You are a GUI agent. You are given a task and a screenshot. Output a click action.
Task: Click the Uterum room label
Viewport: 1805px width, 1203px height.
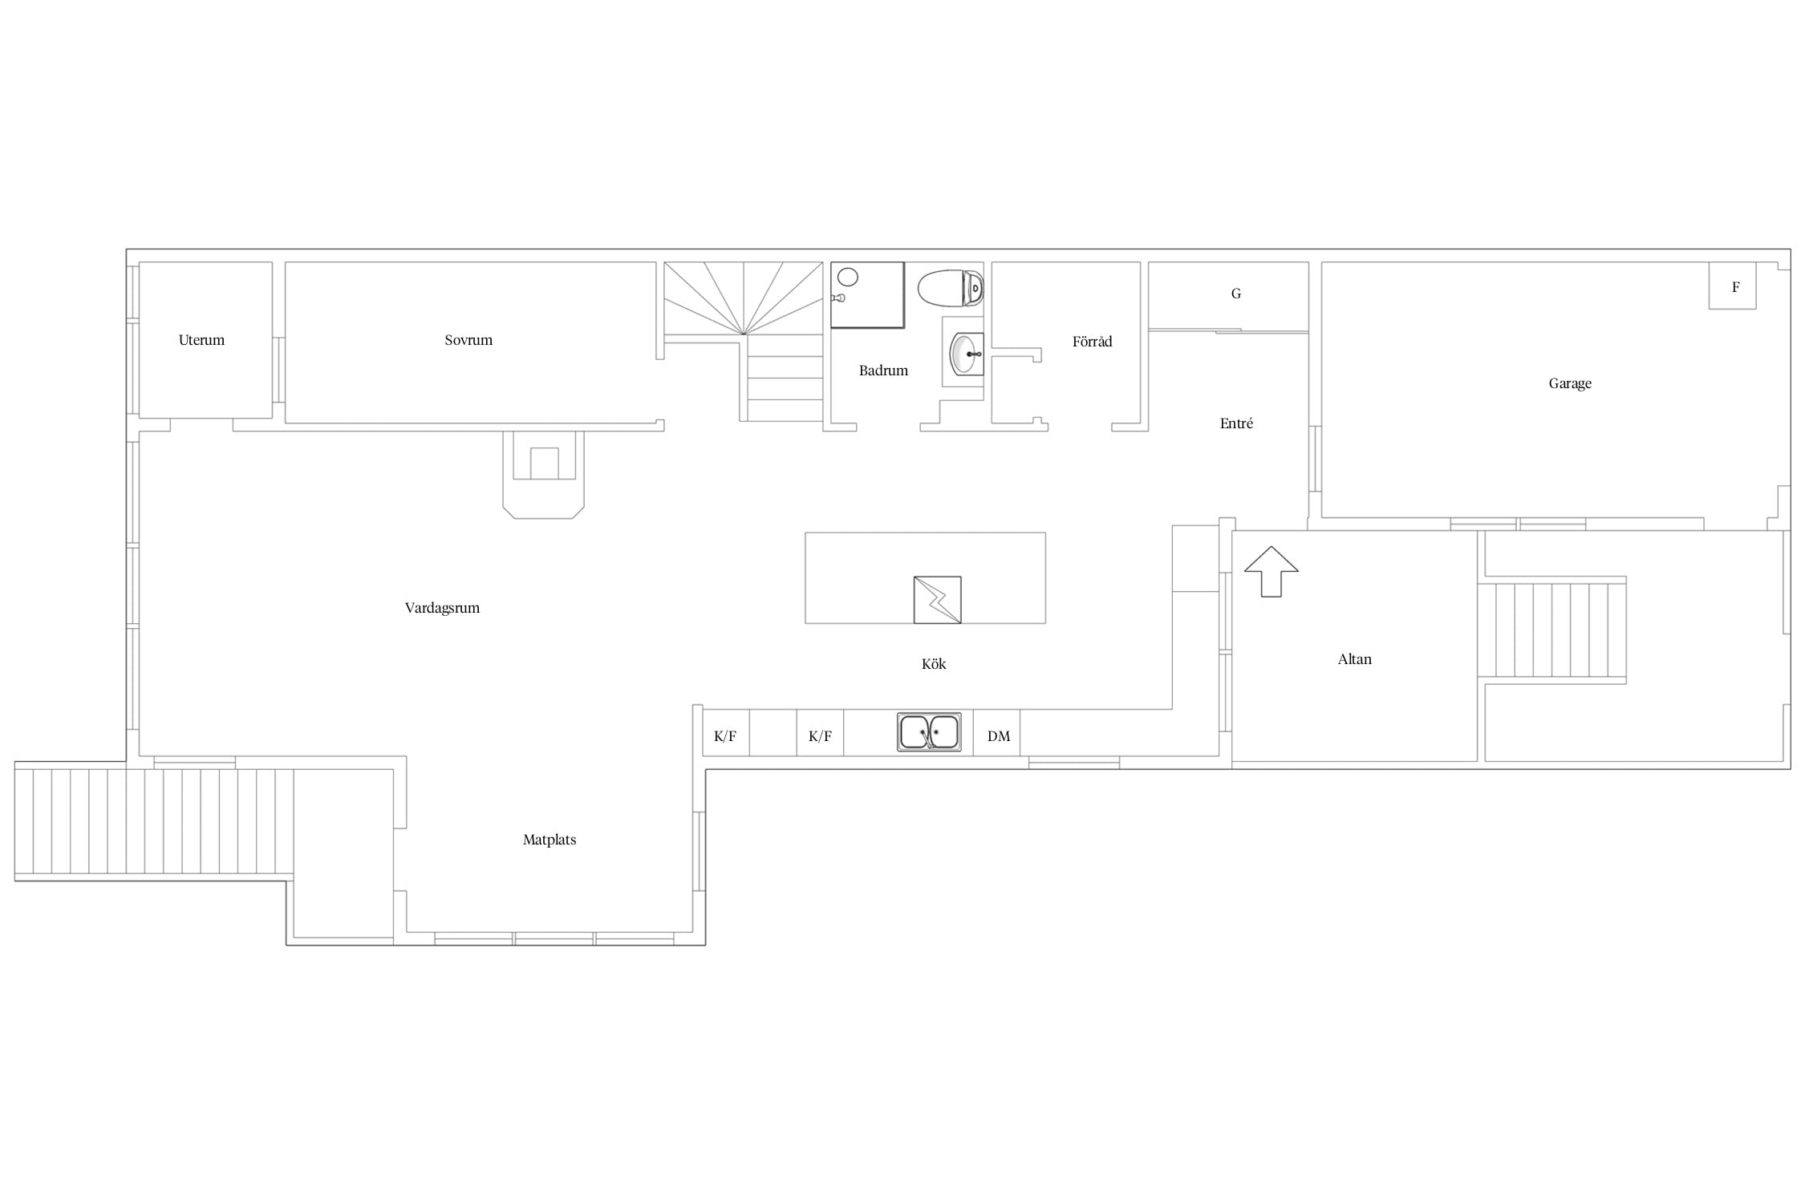tap(201, 340)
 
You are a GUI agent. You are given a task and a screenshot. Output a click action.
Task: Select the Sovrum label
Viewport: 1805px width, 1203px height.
tap(468, 340)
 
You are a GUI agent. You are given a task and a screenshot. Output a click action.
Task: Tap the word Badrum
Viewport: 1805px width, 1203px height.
tap(883, 371)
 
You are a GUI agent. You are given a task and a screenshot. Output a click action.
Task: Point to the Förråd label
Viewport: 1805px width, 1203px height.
tap(1092, 341)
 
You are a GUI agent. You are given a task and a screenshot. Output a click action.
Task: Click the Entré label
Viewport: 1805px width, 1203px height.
tap(1236, 423)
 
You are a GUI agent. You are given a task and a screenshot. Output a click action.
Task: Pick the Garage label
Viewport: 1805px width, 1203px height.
tap(1570, 383)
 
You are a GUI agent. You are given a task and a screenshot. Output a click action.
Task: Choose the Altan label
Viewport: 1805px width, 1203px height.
tap(1355, 659)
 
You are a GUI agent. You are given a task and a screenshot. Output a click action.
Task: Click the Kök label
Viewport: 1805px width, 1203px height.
tap(934, 664)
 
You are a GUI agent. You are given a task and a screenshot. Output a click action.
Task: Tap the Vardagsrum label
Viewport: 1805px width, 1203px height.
tap(442, 608)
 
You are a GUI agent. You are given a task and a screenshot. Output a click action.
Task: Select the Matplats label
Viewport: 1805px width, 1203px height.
tap(550, 840)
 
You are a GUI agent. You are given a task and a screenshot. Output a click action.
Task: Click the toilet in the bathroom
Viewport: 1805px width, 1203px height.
tap(951, 288)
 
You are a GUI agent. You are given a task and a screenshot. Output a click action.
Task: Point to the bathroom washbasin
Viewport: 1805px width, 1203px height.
tap(967, 354)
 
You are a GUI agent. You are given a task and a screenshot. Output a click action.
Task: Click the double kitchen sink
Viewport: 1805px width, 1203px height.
tap(929, 732)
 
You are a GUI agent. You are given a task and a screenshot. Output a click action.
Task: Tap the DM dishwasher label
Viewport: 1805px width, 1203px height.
tap(999, 736)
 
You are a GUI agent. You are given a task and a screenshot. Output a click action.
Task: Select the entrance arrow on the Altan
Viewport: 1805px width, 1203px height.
tap(1272, 572)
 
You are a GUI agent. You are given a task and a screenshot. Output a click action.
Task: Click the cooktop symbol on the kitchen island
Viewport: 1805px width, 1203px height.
tap(938, 600)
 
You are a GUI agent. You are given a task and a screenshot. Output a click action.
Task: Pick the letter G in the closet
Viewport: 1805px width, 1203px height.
tap(1236, 294)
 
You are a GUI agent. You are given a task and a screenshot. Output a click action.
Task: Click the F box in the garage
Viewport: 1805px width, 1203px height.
tap(1733, 286)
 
